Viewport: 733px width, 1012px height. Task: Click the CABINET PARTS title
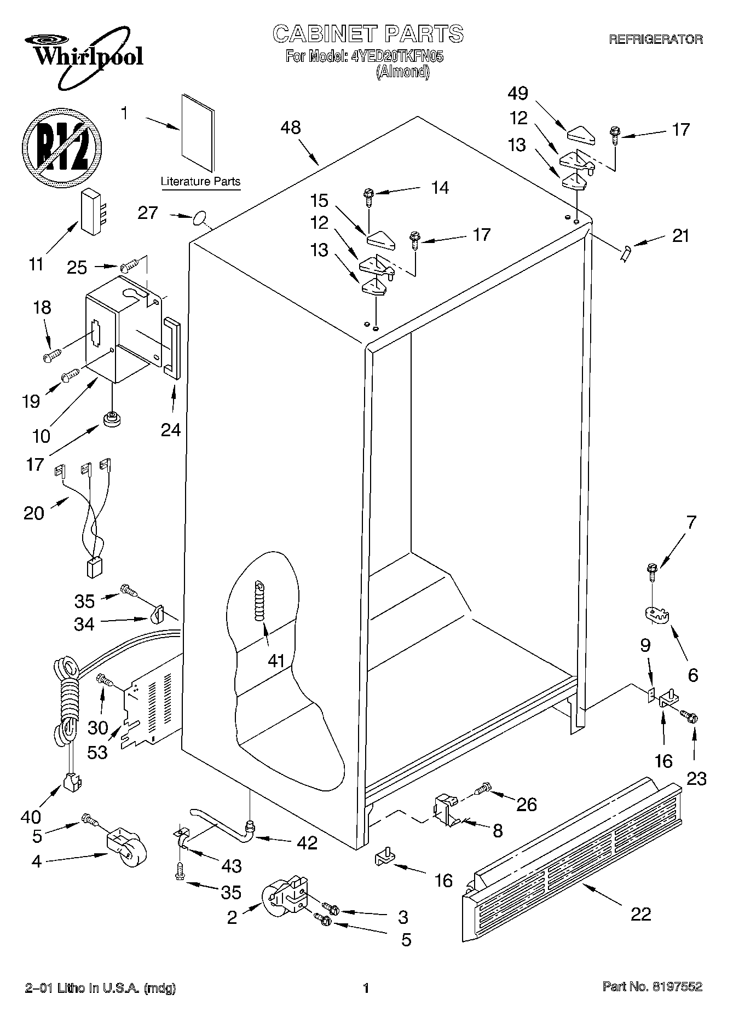coord(368,34)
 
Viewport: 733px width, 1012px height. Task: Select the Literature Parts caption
coord(200,181)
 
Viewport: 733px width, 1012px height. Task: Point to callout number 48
coord(291,128)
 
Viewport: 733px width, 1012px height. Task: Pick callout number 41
coord(276,661)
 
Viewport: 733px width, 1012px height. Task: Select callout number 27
coord(147,213)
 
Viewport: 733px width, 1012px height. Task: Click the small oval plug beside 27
coord(200,220)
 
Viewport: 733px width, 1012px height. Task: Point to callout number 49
coord(517,94)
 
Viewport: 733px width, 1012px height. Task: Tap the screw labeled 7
coord(651,572)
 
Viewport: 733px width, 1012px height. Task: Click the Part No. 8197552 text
coord(652,987)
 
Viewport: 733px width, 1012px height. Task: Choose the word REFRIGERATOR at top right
coord(656,39)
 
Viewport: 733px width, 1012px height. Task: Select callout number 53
coord(98,752)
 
